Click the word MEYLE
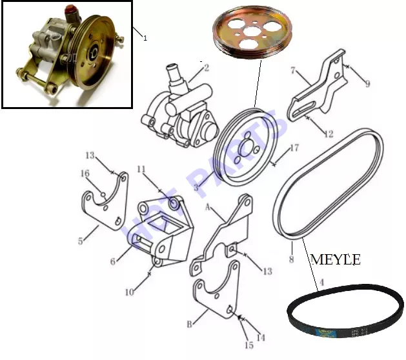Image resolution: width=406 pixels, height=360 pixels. (335, 259)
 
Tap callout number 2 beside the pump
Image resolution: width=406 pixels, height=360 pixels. (207, 68)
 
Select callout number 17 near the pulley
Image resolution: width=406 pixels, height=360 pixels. (294, 148)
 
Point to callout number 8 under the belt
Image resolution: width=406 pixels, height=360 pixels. (291, 259)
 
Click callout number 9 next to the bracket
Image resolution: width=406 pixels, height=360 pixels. (367, 84)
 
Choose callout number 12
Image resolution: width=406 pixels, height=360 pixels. (329, 134)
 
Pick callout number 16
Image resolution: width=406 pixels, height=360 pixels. (85, 173)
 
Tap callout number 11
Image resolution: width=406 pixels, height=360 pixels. (141, 169)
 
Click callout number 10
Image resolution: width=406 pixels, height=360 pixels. (130, 292)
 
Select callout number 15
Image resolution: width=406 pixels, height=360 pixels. (249, 345)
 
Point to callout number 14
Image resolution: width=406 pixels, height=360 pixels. (261, 337)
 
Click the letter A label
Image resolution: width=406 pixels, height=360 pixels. (208, 207)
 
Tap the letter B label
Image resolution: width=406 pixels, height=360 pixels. (190, 324)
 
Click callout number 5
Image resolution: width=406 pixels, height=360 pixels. (81, 241)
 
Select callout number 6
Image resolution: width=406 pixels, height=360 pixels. (113, 261)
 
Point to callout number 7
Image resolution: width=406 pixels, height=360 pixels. (293, 70)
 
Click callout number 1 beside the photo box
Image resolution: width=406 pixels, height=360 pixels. (145, 38)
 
